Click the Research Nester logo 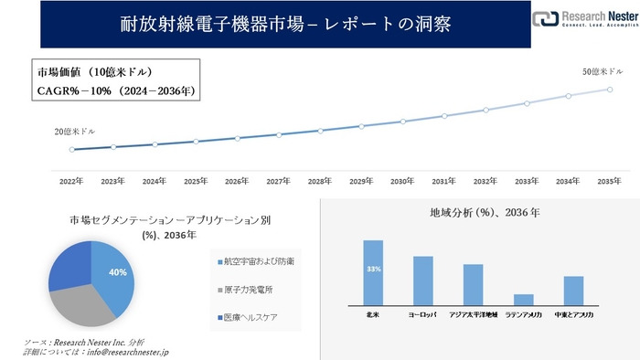[582, 19]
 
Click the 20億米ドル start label [75, 132]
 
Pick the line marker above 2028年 [320, 131]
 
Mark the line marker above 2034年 [568, 95]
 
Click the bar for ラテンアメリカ [524, 300]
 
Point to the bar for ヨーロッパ [423, 281]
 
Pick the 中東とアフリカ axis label [574, 314]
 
